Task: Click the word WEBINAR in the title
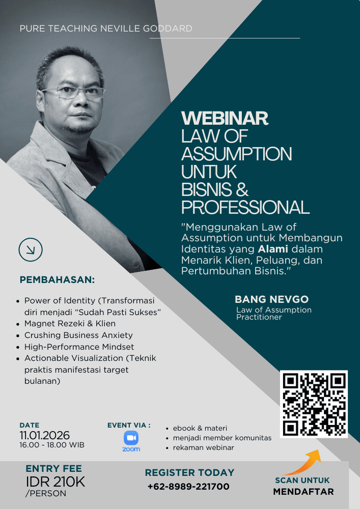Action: (x=225, y=118)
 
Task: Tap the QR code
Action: (x=314, y=404)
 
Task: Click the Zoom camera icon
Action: (x=131, y=438)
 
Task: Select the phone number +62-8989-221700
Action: (x=188, y=486)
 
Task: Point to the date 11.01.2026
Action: (x=44, y=435)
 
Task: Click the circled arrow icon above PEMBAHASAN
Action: (x=31, y=249)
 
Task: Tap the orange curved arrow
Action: (x=302, y=462)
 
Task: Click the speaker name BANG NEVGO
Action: (x=272, y=299)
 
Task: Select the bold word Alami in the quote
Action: (x=273, y=249)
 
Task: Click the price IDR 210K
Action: (x=56, y=482)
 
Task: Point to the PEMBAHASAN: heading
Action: (x=57, y=279)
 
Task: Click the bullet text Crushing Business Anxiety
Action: (x=78, y=335)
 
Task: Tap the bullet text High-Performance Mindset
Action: (x=79, y=347)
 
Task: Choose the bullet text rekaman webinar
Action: (x=204, y=447)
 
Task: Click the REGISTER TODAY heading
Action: (x=189, y=473)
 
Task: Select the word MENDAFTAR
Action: (x=303, y=492)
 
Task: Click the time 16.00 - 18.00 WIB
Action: (x=52, y=445)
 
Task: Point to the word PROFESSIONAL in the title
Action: (x=245, y=208)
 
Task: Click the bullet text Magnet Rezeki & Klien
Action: (x=70, y=324)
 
